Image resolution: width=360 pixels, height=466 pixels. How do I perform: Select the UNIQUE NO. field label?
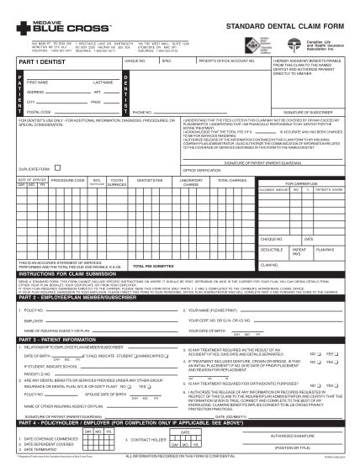click(x=135, y=61)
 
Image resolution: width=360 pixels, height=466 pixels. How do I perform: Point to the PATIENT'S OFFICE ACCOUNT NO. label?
click(x=220, y=61)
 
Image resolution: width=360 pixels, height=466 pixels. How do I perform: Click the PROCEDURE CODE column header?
click(x=66, y=180)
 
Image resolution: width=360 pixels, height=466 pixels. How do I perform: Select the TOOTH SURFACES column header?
click(x=119, y=181)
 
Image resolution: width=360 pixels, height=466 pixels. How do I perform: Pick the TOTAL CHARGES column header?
click(x=231, y=180)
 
